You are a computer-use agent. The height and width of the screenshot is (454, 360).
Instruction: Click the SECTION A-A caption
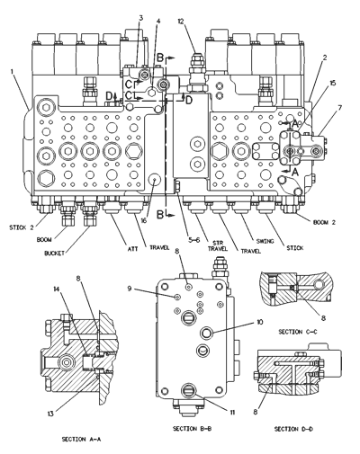[81, 439]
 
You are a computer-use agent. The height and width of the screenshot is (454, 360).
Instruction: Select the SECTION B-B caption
[192, 429]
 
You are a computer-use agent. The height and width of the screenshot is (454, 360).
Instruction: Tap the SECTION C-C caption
[298, 332]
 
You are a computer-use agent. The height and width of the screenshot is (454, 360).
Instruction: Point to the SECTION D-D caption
[293, 429]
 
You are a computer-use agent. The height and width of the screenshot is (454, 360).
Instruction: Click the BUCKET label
[54, 254]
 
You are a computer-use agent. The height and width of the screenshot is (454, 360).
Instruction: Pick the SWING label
[265, 241]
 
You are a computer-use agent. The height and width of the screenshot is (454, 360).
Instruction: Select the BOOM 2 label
[324, 222]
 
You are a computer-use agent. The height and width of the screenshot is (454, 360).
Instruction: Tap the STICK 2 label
[22, 227]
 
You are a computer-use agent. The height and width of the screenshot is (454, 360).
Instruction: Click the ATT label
[133, 249]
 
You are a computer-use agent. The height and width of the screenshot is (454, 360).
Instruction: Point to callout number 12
[181, 21]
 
